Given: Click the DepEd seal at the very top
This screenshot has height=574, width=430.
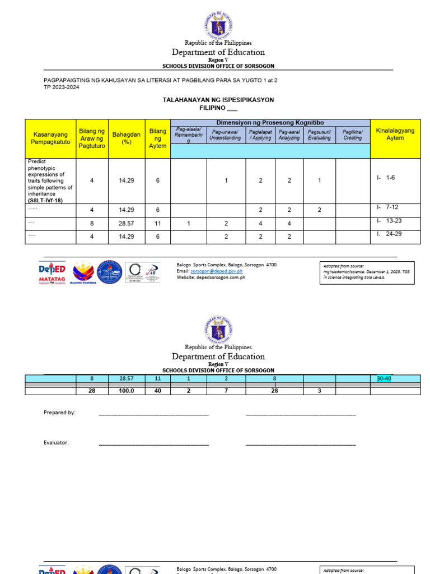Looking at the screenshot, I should (218, 25).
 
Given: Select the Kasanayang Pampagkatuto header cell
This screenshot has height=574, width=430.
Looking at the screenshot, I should (50, 138).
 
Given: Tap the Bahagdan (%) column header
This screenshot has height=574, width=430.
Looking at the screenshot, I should (127, 138).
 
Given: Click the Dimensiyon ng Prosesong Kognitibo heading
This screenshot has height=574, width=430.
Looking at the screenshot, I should (270, 123).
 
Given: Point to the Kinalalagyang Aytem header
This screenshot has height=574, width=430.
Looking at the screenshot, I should (395, 135).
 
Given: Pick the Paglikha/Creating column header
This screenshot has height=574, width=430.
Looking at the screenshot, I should (352, 135).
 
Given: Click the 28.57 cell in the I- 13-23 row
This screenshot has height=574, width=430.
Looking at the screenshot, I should (127, 223).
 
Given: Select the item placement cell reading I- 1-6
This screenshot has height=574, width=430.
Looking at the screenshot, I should (386, 178).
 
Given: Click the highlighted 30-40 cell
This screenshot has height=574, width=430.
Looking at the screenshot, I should (386, 378).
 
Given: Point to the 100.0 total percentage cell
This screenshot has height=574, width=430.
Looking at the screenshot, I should (127, 391).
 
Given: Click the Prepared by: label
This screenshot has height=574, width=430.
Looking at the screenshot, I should (59, 413).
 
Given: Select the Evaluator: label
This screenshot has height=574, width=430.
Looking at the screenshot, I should (56, 442).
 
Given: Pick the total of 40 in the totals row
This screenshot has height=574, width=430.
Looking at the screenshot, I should (157, 391).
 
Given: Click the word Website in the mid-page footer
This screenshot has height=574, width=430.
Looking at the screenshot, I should (186, 277).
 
